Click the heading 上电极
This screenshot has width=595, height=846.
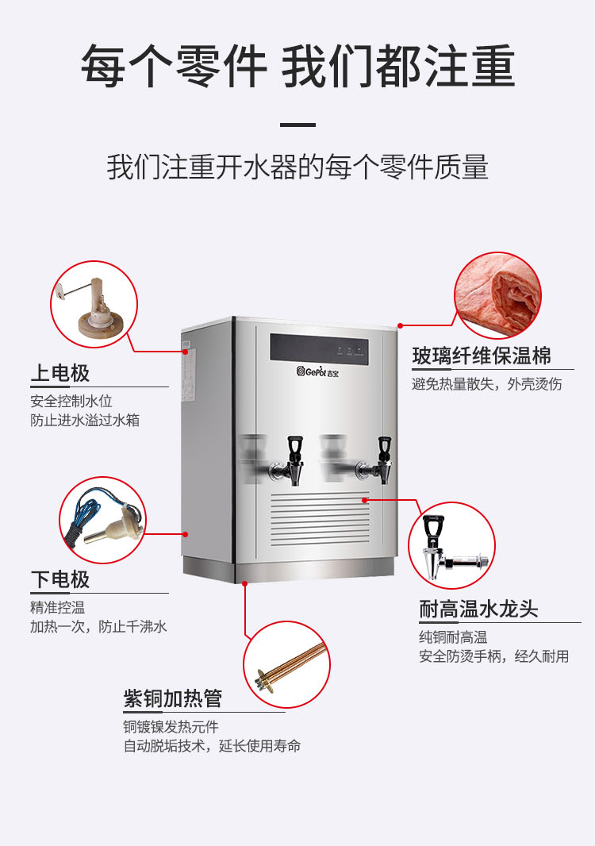59,373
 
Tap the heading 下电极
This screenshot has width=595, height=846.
59,579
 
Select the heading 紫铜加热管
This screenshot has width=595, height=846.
173,698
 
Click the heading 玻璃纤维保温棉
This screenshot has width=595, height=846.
482,356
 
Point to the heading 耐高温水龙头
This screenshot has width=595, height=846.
478,609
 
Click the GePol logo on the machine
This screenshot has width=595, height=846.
317,371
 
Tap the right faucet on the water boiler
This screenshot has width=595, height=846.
376,460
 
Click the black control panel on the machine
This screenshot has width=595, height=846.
320,348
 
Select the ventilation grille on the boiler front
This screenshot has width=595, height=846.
320,518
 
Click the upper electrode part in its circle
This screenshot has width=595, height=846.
94,310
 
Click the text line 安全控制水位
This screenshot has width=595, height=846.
71,401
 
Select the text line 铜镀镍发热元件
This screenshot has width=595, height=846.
171,727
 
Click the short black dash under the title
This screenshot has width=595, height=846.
297,125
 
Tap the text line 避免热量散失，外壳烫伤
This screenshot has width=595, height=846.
487,384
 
